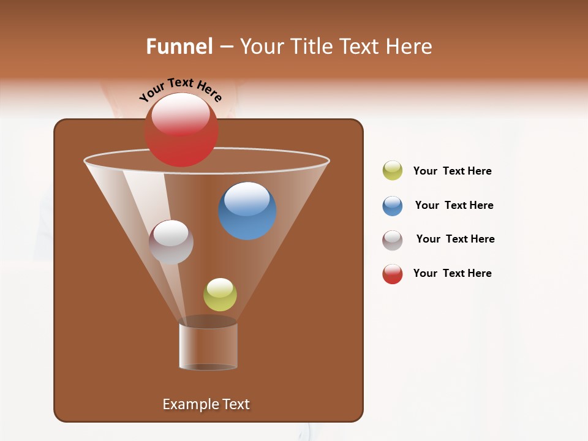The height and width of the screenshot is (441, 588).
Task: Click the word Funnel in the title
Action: [179, 47]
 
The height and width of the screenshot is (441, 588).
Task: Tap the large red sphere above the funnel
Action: [181, 130]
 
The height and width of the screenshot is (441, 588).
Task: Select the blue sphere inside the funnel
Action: [247, 211]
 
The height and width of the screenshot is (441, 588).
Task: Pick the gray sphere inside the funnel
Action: [171, 243]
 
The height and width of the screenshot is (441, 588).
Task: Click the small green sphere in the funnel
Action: [220, 295]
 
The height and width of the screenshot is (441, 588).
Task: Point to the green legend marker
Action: [393, 171]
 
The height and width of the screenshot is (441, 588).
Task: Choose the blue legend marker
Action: [393, 206]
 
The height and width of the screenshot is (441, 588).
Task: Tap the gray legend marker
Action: [393, 240]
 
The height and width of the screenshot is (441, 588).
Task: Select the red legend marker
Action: [393, 274]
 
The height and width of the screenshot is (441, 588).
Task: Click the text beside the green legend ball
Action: [452, 171]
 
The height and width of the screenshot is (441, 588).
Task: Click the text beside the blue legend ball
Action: [454, 205]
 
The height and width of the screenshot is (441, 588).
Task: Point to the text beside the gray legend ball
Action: [455, 239]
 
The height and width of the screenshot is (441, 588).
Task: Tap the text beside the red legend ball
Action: [452, 273]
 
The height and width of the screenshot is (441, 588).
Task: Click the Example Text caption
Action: [206, 404]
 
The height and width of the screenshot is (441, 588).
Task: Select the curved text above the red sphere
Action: [181, 89]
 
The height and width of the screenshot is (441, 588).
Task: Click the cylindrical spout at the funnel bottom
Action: [208, 346]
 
